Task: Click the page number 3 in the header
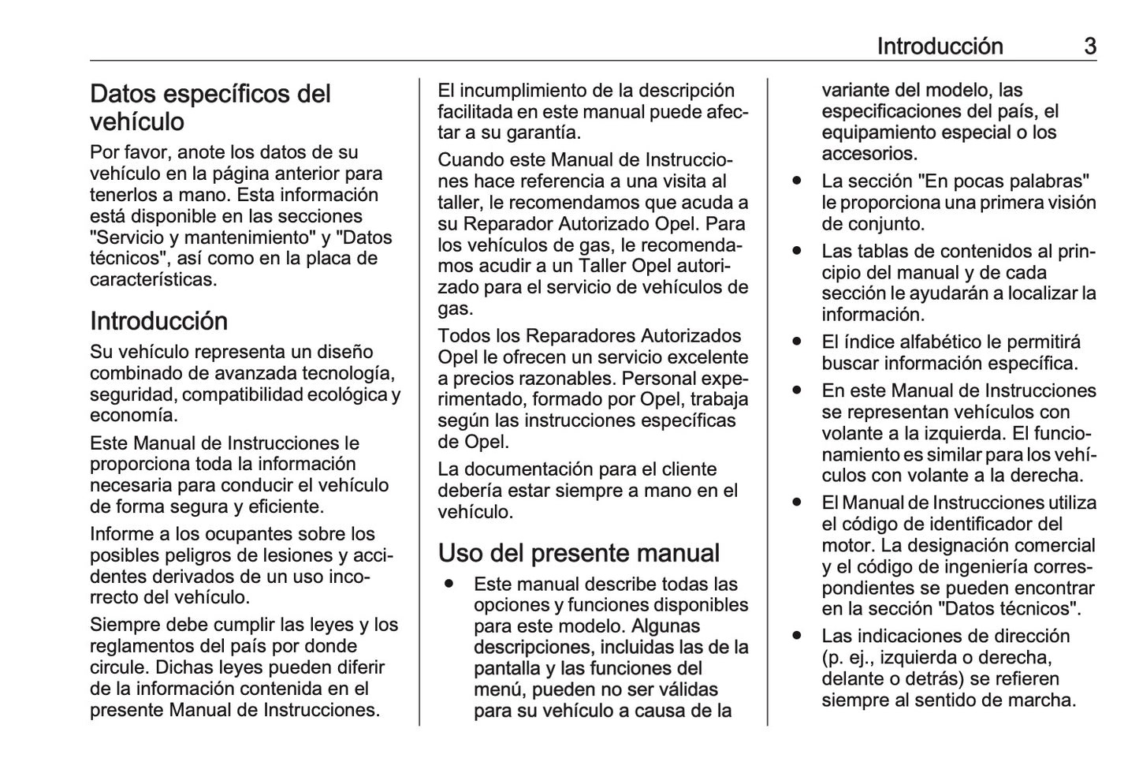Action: (1089, 47)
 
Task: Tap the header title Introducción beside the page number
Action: (940, 47)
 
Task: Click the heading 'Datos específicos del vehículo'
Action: (210, 107)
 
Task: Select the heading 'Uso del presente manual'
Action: (579, 553)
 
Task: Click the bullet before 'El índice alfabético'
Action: (798, 342)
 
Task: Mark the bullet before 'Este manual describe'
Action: (449, 585)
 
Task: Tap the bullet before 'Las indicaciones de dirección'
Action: (798, 636)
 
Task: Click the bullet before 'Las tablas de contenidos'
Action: (798, 252)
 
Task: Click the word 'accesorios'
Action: (869, 154)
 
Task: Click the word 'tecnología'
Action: (348, 373)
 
